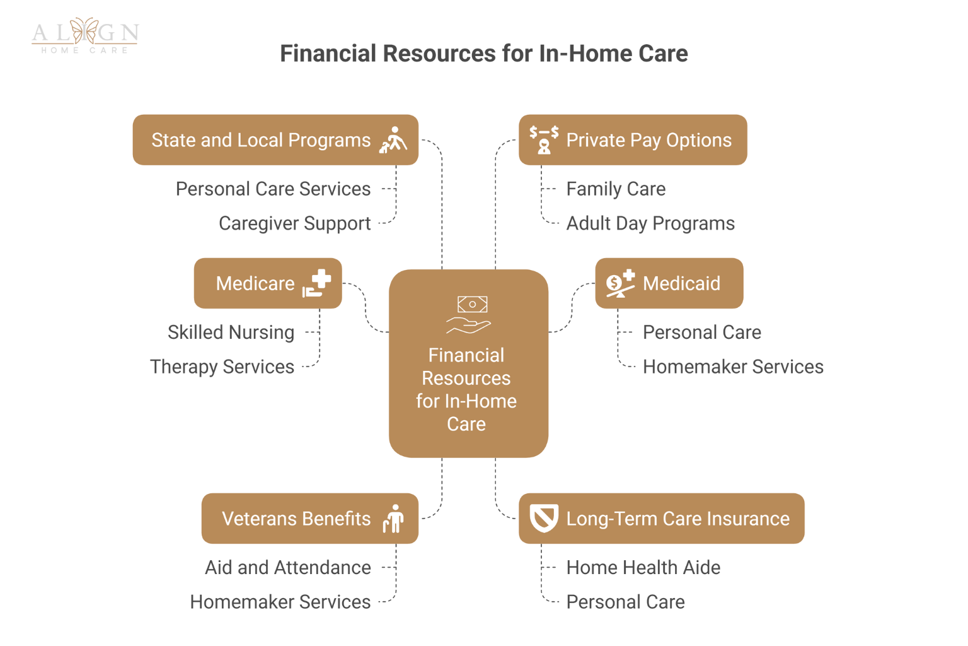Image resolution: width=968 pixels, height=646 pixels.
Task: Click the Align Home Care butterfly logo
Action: [x=84, y=34]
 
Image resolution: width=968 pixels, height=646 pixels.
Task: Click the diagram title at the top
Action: [x=483, y=54]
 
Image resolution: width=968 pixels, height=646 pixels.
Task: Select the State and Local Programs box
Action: [x=275, y=140]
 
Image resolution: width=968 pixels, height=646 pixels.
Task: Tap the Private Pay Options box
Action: [x=633, y=140]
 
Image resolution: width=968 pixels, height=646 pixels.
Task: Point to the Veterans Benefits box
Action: [x=309, y=519]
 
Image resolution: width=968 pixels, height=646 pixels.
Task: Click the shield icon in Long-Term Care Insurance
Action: [x=543, y=519]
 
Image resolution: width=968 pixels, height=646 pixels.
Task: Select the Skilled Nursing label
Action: [x=231, y=332]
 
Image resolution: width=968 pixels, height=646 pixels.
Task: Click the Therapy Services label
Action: [x=222, y=367]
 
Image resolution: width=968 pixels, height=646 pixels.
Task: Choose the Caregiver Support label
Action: [x=294, y=224]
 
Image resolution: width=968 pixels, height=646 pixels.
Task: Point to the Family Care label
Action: [x=616, y=189]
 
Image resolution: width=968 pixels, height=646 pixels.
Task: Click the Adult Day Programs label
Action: [x=650, y=224]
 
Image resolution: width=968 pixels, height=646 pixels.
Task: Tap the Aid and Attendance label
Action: [x=287, y=568]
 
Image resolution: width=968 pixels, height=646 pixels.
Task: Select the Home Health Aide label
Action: [x=643, y=568]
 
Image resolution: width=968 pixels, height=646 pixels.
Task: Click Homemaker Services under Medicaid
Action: [x=733, y=367]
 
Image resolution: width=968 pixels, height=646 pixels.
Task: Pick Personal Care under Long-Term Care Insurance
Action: [x=625, y=602]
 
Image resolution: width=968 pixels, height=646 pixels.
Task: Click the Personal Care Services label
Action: [x=273, y=189]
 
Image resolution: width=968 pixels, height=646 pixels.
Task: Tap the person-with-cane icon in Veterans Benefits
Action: [x=394, y=519]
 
